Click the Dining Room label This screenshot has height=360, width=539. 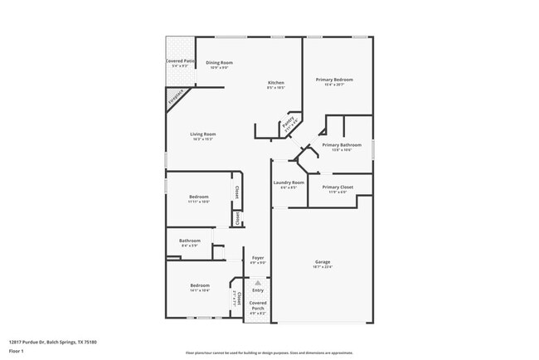tap(219, 63)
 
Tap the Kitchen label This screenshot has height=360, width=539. tap(276, 82)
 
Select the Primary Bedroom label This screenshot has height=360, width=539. tap(334, 80)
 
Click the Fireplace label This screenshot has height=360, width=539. tap(175, 98)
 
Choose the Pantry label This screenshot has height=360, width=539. tap(288, 126)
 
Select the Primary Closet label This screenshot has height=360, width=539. tap(337, 187)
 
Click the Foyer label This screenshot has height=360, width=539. tap(258, 258)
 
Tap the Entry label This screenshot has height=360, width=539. tap(258, 289)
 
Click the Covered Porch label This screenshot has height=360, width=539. tap(258, 306)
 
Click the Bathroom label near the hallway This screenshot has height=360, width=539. tap(191, 241)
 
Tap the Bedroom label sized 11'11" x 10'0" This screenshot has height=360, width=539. tap(198, 197)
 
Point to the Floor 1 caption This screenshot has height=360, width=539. tap(16, 352)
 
